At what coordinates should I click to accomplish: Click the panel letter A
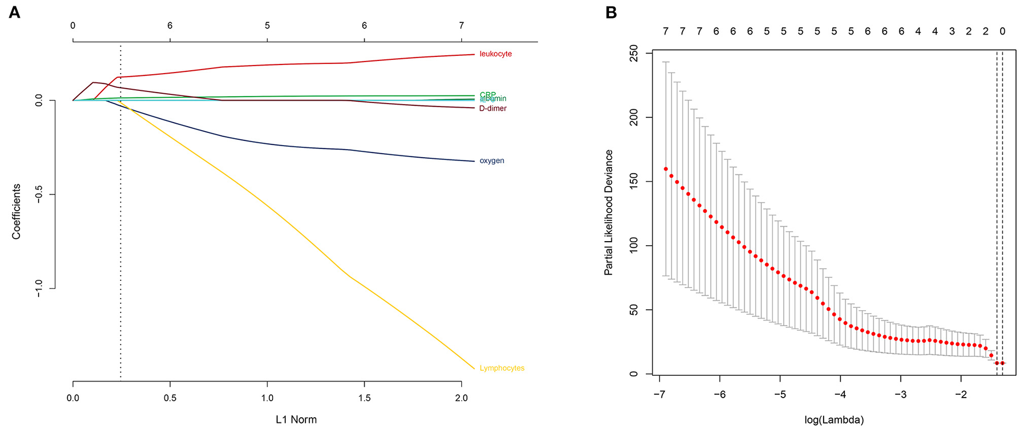coord(14,12)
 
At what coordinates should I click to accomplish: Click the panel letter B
coord(611,12)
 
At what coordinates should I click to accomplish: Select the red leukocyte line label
coord(495,54)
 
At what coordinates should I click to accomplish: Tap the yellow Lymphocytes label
coord(501,368)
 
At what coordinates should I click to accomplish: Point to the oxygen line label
coord(492,161)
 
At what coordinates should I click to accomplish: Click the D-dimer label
coord(493,108)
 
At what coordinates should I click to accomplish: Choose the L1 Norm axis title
coord(296,420)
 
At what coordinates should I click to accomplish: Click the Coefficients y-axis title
coord(17,212)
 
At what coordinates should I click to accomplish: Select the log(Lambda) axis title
coord(834,420)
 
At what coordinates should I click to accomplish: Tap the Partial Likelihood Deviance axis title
coord(608,212)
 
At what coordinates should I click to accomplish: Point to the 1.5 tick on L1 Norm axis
coord(365,398)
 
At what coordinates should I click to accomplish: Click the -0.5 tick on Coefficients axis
coord(40,195)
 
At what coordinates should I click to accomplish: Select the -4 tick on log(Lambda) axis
coord(840,395)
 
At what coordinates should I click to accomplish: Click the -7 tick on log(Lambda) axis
coord(660,395)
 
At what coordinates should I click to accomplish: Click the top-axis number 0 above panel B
coord(1002,32)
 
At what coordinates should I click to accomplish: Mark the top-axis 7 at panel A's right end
coord(461,26)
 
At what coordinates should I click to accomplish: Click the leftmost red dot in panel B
coord(665,169)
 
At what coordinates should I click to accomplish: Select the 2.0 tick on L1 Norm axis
coord(461,398)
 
